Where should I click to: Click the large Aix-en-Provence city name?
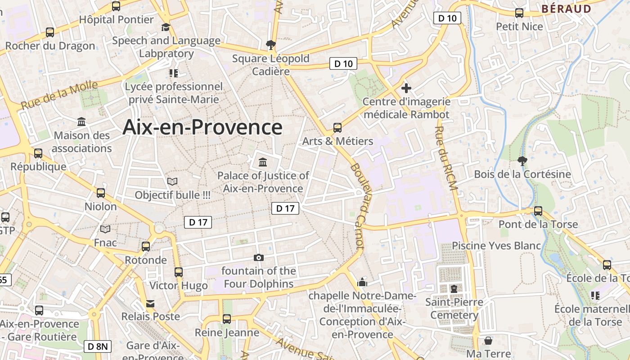pos(202,127)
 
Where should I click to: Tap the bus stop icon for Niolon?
pos(101,193)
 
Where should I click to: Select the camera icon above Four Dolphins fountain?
pos(258,257)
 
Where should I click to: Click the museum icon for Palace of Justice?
pos(263,162)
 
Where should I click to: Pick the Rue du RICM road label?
pos(446,157)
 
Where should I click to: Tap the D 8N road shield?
pos(97,346)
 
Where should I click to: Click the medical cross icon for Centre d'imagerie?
pos(406,88)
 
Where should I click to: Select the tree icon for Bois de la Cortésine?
pos(522,161)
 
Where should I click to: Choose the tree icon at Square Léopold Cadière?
pos(270,45)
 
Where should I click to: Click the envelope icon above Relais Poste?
pos(150,304)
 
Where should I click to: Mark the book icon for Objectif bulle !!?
pos(172,181)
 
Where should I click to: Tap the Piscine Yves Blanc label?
pos(496,246)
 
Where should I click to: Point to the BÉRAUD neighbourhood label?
pos(566,9)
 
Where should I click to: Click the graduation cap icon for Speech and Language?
pos(166,27)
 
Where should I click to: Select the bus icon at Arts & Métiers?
pos(337,128)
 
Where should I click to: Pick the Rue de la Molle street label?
pos(59,95)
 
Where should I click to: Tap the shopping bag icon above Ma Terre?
pos(488,341)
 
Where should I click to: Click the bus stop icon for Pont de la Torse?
pos(538,211)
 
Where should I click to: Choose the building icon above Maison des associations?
pos(81,121)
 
